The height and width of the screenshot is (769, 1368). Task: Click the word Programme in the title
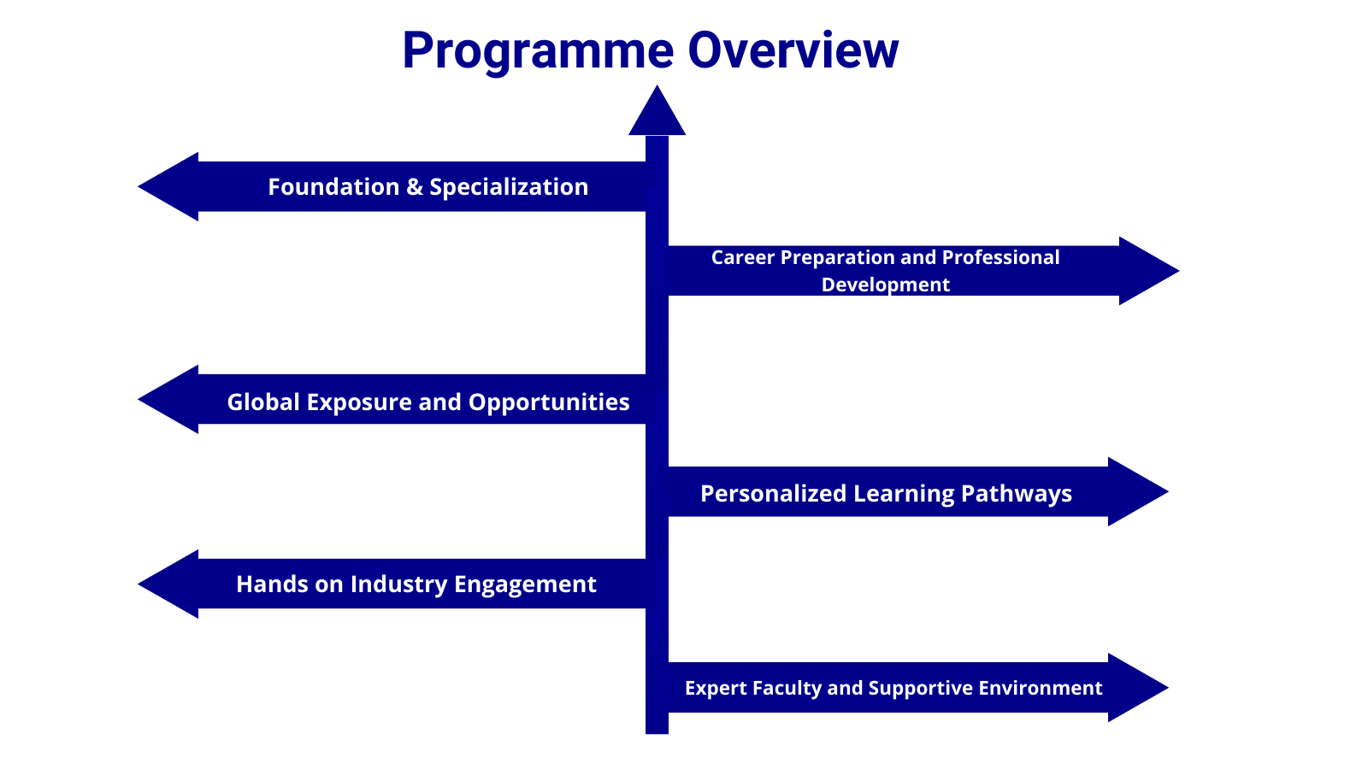tap(538, 52)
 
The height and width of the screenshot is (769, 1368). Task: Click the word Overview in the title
tap(793, 50)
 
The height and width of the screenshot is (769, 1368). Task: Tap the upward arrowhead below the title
tap(657, 110)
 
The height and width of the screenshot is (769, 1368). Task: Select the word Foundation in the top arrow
tap(333, 187)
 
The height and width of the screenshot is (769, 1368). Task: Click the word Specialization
tap(509, 188)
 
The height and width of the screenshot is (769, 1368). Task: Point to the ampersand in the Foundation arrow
tap(414, 187)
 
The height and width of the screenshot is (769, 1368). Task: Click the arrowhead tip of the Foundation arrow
tap(139, 187)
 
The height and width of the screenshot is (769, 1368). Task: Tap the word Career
tap(743, 257)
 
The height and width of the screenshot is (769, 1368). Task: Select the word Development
tap(886, 285)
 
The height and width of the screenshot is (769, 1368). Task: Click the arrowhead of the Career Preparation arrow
tap(1149, 271)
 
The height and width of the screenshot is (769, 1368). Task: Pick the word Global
tap(263, 402)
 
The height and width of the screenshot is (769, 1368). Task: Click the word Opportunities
tap(549, 403)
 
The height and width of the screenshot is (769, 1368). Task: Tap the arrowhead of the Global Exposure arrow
tap(168, 400)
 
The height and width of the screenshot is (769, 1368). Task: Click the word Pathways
tap(1017, 494)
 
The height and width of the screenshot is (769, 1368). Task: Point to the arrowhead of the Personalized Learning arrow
tap(1138, 492)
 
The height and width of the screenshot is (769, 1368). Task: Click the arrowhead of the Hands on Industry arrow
tap(168, 584)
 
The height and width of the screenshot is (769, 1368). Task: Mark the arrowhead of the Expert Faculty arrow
tap(1138, 688)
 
